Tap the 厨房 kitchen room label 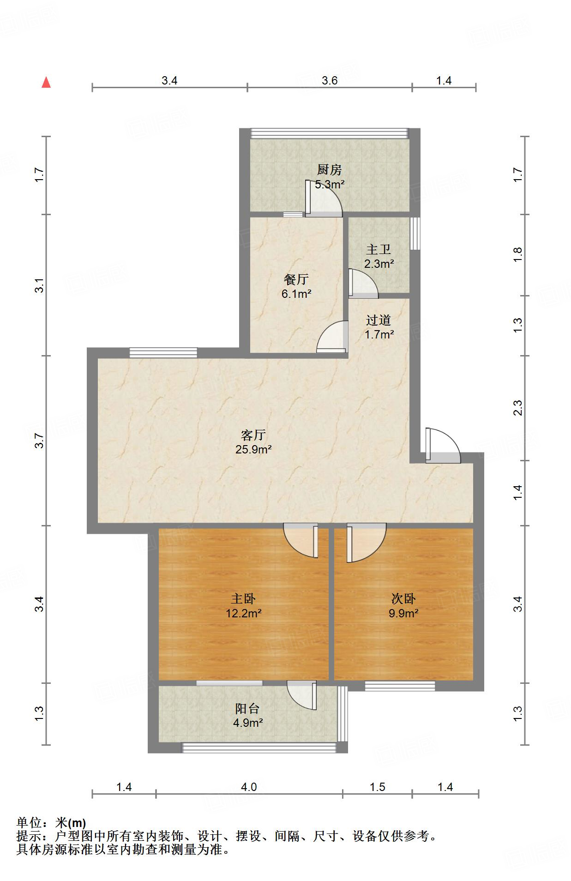pyautogui.click(x=329, y=170)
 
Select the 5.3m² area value pyautogui.click(x=330, y=185)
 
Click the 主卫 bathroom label pyautogui.click(x=379, y=250)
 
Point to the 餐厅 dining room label pyautogui.click(x=296, y=279)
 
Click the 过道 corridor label pyautogui.click(x=379, y=320)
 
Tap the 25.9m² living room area pyautogui.click(x=253, y=449)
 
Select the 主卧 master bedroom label pyautogui.click(x=243, y=599)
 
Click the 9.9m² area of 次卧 pyautogui.click(x=403, y=614)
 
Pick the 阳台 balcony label pyautogui.click(x=247, y=708)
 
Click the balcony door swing pyautogui.click(x=302, y=695)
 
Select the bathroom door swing pyautogui.click(x=364, y=283)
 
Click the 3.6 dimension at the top pyautogui.click(x=330, y=80)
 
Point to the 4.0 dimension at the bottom pyautogui.click(x=249, y=787)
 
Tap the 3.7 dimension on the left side pyautogui.click(x=40, y=441)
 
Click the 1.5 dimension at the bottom pyautogui.click(x=378, y=787)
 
